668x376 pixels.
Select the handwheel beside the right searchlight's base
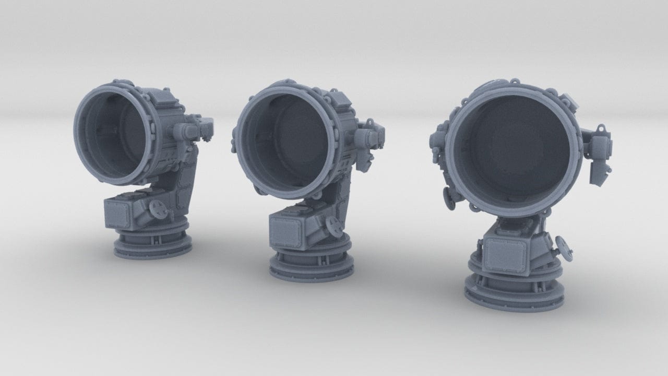(563, 244)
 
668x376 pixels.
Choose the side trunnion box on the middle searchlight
(368, 138)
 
